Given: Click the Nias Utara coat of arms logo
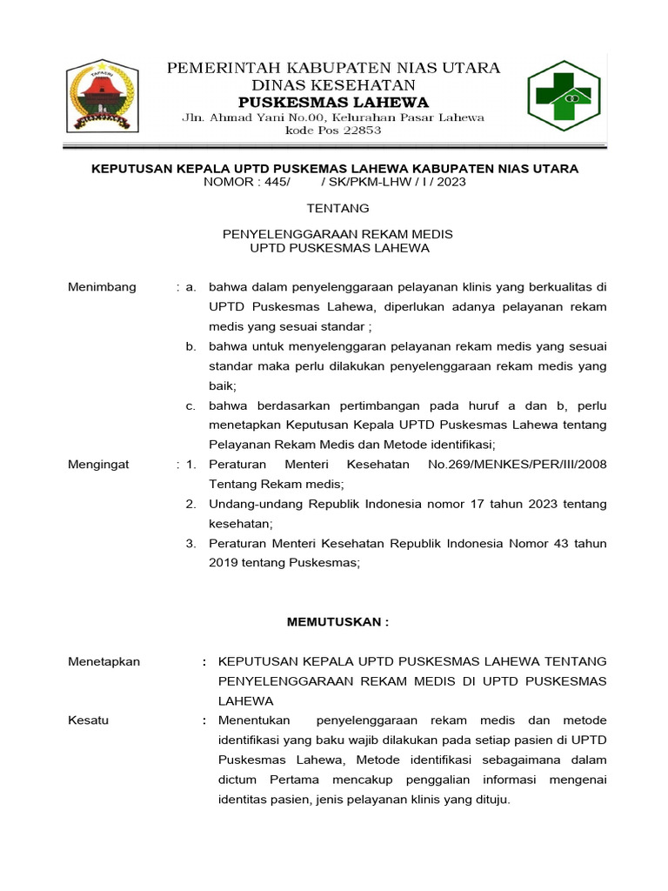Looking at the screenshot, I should click(x=103, y=97).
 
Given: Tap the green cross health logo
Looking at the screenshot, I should click(x=564, y=96).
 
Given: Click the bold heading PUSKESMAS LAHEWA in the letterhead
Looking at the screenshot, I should click(x=333, y=102).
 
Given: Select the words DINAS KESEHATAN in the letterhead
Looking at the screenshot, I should click(x=333, y=84).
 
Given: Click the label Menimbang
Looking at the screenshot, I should click(x=102, y=287).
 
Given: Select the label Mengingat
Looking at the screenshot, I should click(x=98, y=465).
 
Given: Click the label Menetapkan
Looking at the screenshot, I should click(x=104, y=661).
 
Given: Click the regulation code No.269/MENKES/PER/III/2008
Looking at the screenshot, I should click(x=518, y=465).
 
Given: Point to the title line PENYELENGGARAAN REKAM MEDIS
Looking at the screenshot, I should click(x=338, y=234).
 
